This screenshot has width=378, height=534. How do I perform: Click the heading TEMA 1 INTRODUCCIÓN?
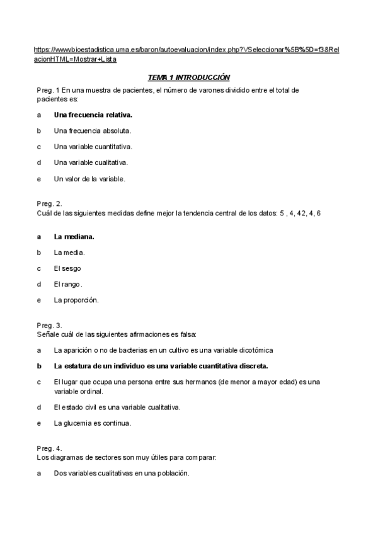pos(189,77)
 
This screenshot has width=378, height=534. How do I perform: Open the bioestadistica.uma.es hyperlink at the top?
pos(186,49)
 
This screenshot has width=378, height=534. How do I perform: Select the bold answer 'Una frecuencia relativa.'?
pos(93,115)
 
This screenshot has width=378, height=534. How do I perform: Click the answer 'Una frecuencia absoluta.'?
pos(92,131)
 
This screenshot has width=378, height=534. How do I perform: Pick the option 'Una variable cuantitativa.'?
pos(93,147)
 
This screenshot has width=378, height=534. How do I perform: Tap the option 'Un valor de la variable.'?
pos(89,178)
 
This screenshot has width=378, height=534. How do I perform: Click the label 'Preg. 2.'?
pos(49,203)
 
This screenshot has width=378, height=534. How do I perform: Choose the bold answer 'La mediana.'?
pos(74,237)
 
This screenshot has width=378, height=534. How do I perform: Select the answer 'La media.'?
pos(69,253)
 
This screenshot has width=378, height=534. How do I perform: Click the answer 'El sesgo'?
pos(67,268)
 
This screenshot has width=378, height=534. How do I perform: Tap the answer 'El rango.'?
pos(68,284)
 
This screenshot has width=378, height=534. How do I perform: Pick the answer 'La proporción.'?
pos(76,300)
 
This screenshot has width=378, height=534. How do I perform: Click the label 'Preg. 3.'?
pos(49,325)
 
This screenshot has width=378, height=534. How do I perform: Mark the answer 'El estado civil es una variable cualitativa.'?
pos(117,407)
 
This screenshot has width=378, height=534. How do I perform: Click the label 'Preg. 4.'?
pos(49,447)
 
